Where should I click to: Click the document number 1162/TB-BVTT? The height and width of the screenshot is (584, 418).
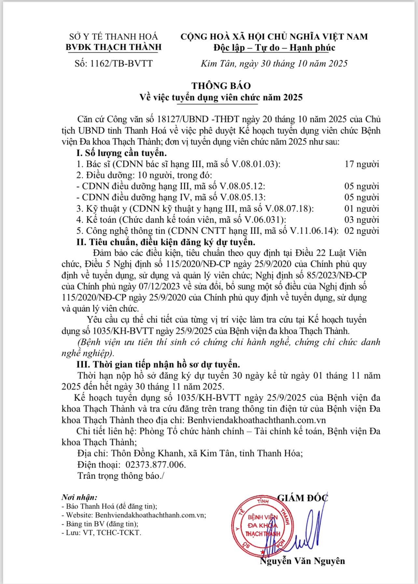pyautogui.click(x=114, y=63)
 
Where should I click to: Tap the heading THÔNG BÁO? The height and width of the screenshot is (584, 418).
pyautogui.click(x=221, y=86)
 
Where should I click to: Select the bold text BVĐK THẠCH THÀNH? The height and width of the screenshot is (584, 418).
pyautogui.click(x=114, y=47)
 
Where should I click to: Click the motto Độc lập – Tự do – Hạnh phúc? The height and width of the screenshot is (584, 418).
pyautogui.click(x=274, y=48)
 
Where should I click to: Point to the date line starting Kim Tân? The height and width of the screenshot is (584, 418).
pyautogui.click(x=274, y=63)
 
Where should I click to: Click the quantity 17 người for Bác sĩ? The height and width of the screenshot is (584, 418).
pyautogui.click(x=362, y=164)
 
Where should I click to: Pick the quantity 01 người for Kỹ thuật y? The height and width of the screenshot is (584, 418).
pyautogui.click(x=362, y=209)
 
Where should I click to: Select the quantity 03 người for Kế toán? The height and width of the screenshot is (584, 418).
pyautogui.click(x=362, y=220)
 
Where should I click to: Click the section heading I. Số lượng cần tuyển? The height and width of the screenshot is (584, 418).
pyautogui.click(x=121, y=153)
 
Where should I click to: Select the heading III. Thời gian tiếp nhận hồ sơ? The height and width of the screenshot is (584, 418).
pyautogui.click(x=158, y=364)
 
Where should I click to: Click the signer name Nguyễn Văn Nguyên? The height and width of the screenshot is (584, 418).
pyautogui.click(x=302, y=561)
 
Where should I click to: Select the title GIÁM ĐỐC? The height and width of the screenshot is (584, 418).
pyautogui.click(x=302, y=498)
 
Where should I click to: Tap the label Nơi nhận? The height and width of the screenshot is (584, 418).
pyautogui.click(x=79, y=497)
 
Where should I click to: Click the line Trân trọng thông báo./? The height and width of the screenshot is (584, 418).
pyautogui.click(x=121, y=476)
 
